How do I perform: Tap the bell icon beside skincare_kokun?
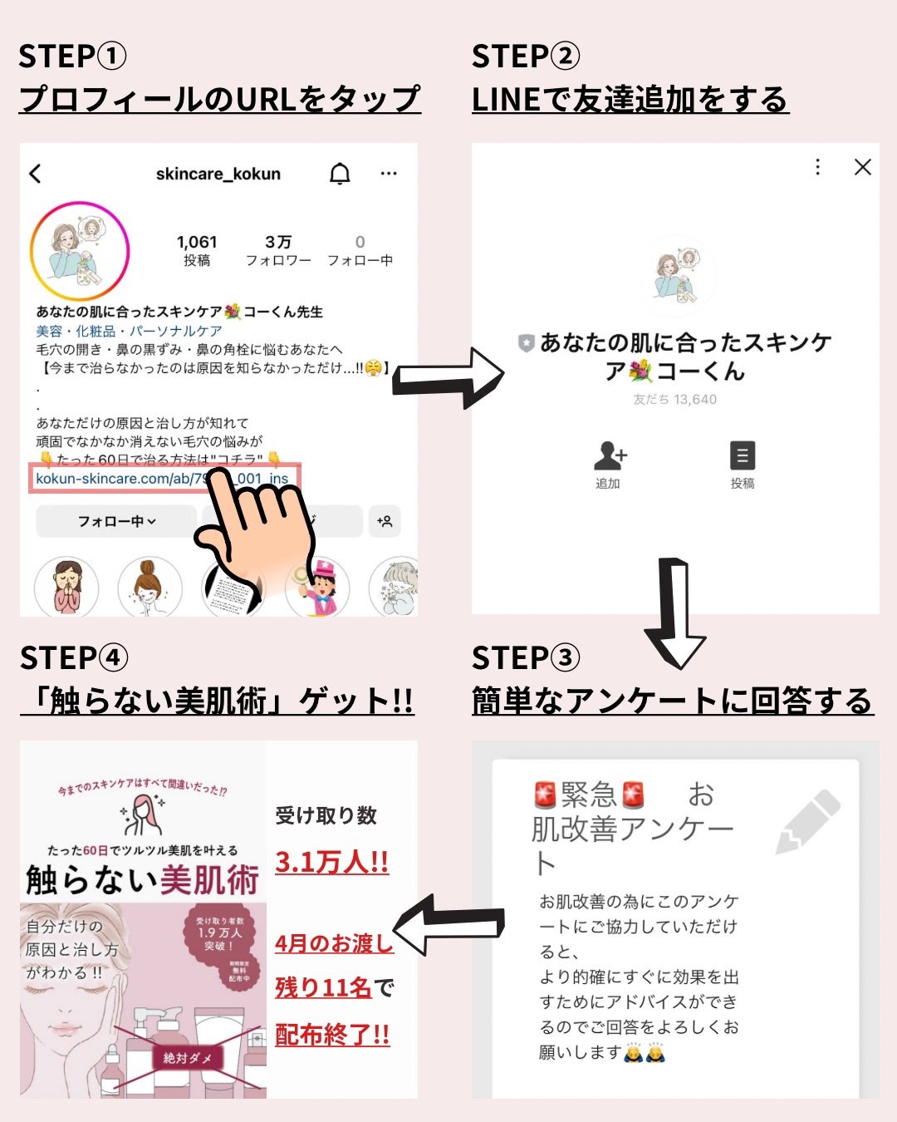click(x=340, y=174)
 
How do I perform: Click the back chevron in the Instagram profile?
click(x=35, y=174)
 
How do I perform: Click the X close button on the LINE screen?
click(x=863, y=167)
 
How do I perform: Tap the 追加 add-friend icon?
click(x=610, y=457)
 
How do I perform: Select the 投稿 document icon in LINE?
click(x=742, y=457)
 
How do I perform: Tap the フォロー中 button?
click(x=116, y=521)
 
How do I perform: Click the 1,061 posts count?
click(x=197, y=243)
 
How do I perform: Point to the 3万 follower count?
click(x=278, y=243)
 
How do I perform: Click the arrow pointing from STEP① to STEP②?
click(x=448, y=378)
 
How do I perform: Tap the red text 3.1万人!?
click(x=331, y=862)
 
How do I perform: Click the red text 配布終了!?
click(x=332, y=1035)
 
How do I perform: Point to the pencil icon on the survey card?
click(x=806, y=822)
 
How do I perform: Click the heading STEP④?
click(x=74, y=657)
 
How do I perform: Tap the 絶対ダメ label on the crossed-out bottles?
click(x=188, y=1057)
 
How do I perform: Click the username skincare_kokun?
click(x=218, y=174)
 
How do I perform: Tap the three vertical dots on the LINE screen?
click(x=818, y=167)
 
